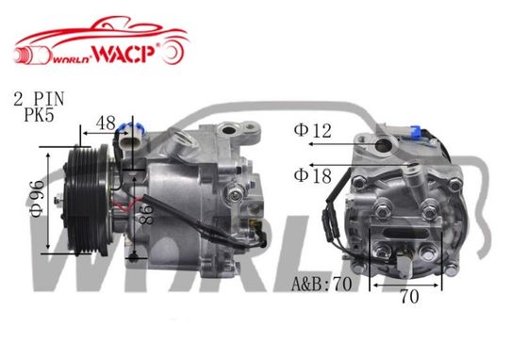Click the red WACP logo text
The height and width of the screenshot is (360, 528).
tap(124, 54)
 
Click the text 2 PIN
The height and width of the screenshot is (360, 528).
tap(39, 99)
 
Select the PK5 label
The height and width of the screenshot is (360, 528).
tap(39, 115)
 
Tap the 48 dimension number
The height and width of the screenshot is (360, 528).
tap(106, 123)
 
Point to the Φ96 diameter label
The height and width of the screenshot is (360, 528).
tap(37, 199)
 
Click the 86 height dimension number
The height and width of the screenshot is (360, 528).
tap(147, 213)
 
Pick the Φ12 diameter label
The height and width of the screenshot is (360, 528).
tap(312, 130)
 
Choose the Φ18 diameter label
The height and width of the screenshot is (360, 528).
tap(312, 175)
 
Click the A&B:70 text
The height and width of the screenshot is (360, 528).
tap(322, 284)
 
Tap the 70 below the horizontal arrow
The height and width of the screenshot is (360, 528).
tap(409, 297)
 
